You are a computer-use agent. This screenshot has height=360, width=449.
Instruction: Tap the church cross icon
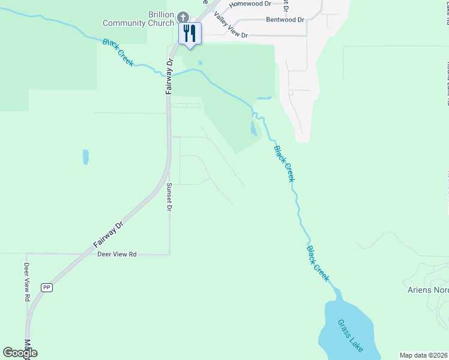pyautogui.click(x=183, y=17)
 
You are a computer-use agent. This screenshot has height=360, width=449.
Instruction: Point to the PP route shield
pyautogui.click(x=46, y=287)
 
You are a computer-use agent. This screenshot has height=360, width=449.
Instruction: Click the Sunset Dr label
pyautogui.click(x=169, y=197)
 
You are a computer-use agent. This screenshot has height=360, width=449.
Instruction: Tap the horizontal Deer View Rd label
pyautogui.click(x=117, y=254)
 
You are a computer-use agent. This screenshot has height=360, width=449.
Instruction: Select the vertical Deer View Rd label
pyautogui.click(x=27, y=281)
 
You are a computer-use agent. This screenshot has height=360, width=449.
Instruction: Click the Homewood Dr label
pyautogui.click(x=252, y=4)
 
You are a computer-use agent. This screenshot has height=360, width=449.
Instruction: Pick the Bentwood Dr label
pyautogui.click(x=285, y=20)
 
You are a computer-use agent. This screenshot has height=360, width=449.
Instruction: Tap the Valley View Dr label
pyautogui.click(x=231, y=27)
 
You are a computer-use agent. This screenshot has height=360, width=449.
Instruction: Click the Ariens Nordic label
pyautogui.click(x=424, y=290)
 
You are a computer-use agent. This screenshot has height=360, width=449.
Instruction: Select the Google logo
pyautogui.click(x=20, y=353)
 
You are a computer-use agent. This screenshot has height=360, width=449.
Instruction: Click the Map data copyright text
pyautogui.click(x=424, y=355)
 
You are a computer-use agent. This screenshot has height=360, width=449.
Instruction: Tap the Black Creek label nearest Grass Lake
pyautogui.click(x=318, y=263)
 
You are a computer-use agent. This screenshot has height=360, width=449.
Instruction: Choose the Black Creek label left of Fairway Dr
pyautogui.click(x=118, y=52)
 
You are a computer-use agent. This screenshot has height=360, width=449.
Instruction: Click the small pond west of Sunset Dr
pyautogui.click(x=86, y=157)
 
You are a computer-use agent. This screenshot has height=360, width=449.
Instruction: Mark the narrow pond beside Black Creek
pyautogui.click(x=253, y=127)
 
